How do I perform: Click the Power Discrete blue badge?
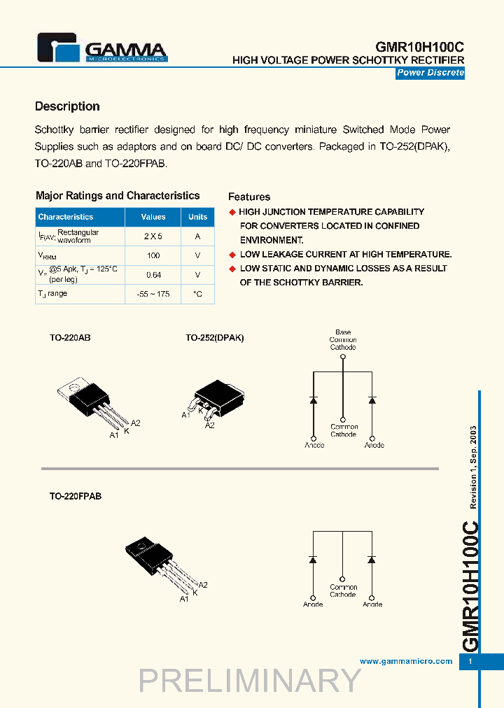click(x=430, y=73)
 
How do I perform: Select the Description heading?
click(x=67, y=106)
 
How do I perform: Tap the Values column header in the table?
click(x=153, y=217)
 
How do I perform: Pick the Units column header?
click(x=198, y=217)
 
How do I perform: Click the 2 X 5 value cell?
click(x=153, y=236)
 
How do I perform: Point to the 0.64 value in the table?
click(x=153, y=275)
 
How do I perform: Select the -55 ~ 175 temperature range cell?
click(x=153, y=295)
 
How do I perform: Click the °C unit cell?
click(x=198, y=295)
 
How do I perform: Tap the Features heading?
click(x=249, y=197)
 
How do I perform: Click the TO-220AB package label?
click(x=70, y=338)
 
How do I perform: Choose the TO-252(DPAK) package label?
click(x=214, y=338)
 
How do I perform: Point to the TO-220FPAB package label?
click(x=75, y=496)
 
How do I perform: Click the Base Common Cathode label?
click(x=343, y=340)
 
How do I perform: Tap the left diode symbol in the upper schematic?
click(x=314, y=399)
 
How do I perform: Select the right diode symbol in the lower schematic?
click(x=372, y=560)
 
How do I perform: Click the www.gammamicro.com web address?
click(x=405, y=661)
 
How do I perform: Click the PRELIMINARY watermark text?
click(x=250, y=681)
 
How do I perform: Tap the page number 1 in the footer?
click(x=470, y=662)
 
